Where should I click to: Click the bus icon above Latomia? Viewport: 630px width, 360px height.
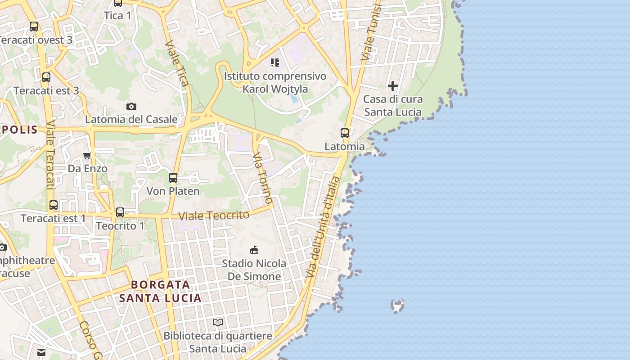click(x=345, y=133)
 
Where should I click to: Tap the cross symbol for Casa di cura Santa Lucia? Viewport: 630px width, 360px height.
click(x=393, y=85)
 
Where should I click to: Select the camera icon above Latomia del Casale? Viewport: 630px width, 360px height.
click(x=131, y=106)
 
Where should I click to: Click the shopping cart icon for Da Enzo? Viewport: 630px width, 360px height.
click(x=87, y=155)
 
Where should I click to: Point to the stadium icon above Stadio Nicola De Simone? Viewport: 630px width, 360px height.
click(x=254, y=249)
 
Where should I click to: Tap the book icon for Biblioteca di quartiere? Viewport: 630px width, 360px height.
click(x=218, y=322)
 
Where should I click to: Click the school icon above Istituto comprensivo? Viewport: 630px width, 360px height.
click(x=274, y=63)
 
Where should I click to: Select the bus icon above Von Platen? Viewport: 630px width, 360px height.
click(x=173, y=178)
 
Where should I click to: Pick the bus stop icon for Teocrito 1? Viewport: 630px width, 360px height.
click(x=120, y=212)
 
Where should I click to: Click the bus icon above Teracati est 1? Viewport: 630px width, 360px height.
click(x=54, y=205)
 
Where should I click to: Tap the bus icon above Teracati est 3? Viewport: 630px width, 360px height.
click(x=46, y=77)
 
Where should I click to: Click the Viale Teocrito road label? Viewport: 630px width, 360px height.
click(x=214, y=216)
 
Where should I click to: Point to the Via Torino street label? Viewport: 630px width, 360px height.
click(x=262, y=177)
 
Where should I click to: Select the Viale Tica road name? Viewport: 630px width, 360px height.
click(x=177, y=63)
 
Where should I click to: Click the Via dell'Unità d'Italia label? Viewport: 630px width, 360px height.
click(x=323, y=227)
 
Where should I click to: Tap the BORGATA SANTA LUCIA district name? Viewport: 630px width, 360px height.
click(x=161, y=291)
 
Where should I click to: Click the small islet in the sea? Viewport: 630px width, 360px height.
click(x=397, y=306)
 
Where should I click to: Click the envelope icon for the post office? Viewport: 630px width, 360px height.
click(x=41, y=352)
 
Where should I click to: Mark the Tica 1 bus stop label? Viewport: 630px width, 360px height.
click(x=117, y=16)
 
